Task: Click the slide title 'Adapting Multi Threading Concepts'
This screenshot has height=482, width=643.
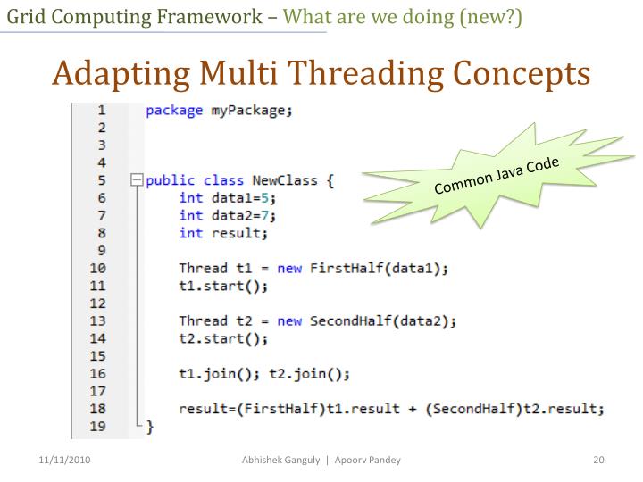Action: click(x=321, y=72)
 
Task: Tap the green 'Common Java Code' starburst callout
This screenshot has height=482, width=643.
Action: click(x=496, y=175)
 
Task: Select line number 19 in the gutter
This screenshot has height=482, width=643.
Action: click(x=97, y=428)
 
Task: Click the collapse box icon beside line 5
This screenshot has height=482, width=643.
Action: click(x=136, y=181)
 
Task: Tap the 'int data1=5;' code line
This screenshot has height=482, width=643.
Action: click(x=227, y=198)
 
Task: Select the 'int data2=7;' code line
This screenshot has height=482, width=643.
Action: click(x=227, y=215)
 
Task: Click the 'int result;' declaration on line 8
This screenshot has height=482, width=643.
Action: click(x=222, y=233)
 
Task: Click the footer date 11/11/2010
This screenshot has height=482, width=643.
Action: click(x=64, y=460)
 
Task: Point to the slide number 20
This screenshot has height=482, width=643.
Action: click(x=599, y=460)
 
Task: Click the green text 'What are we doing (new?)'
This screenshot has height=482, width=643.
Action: click(x=403, y=16)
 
